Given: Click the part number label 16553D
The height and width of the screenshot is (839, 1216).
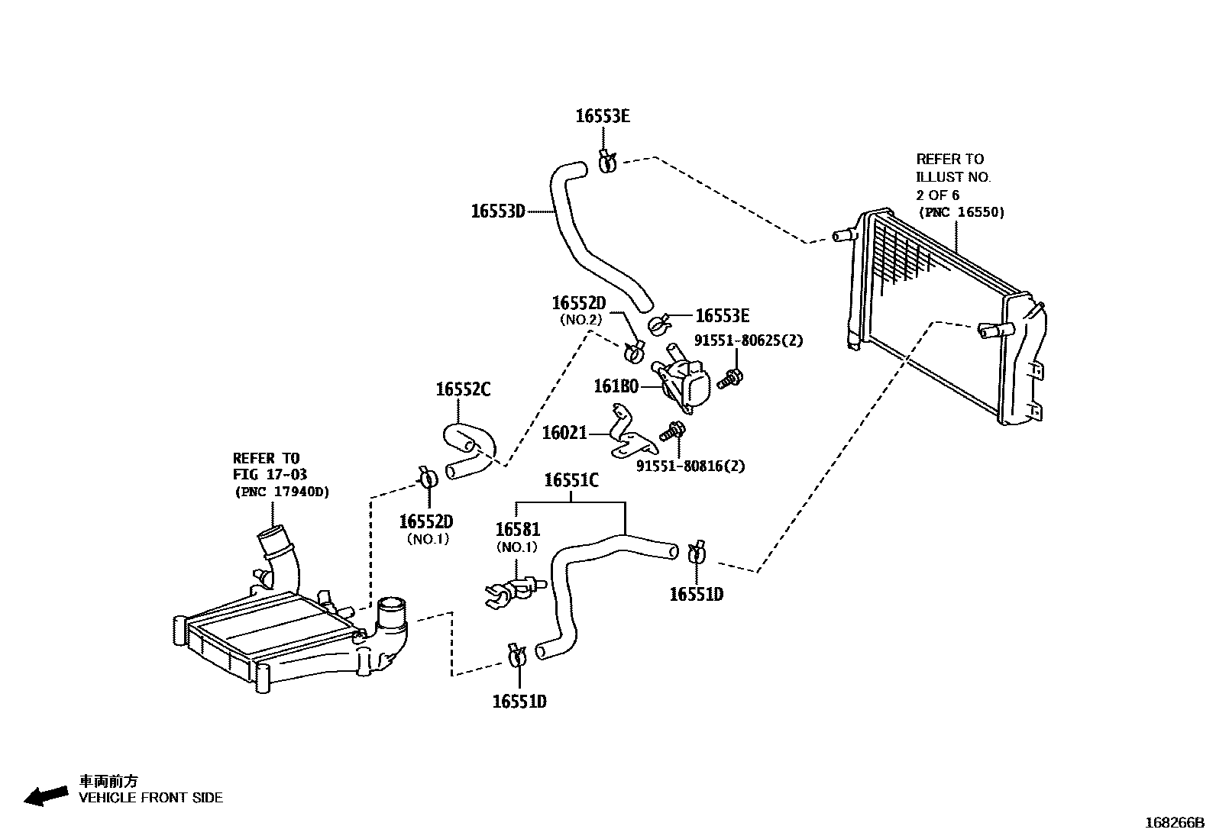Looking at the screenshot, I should (x=497, y=211).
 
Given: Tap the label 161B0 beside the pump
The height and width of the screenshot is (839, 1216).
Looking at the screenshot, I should (x=616, y=387).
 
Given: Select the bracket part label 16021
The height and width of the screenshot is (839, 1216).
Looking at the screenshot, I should (x=564, y=434).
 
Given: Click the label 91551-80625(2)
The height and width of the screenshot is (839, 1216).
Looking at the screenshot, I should (x=749, y=340).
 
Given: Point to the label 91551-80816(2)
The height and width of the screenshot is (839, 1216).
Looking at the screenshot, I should (x=690, y=466).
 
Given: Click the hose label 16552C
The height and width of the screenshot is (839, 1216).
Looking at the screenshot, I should (x=463, y=390).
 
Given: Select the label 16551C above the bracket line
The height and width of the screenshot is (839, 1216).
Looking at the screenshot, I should (x=571, y=481).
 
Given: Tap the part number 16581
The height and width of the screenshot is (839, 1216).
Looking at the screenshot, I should (x=517, y=530).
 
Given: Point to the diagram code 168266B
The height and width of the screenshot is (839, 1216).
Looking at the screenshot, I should (x=1174, y=823).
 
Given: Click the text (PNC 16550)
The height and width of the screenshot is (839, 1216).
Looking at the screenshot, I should (x=961, y=212).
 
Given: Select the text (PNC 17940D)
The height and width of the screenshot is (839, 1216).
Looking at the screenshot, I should (x=282, y=492).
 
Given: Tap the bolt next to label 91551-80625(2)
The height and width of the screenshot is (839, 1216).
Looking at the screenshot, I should (x=732, y=377).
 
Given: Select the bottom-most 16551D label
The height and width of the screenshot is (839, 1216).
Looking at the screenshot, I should (x=519, y=702).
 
